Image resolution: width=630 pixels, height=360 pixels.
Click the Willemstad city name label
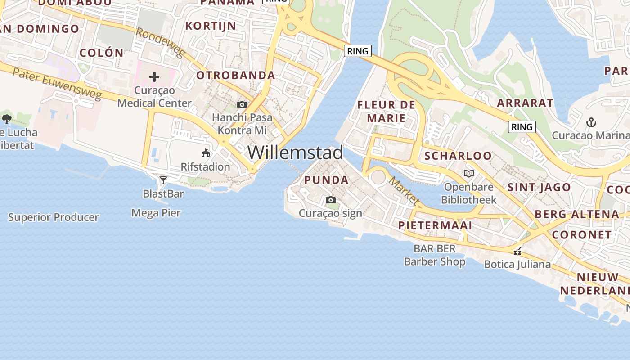tap(295, 153)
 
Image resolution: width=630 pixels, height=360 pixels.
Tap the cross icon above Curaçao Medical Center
tap(154, 77)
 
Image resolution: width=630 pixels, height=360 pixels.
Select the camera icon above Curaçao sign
tap(331, 200)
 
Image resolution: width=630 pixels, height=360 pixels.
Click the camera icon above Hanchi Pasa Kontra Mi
tap(242, 105)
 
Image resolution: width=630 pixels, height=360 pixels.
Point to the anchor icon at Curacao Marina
tap(591, 122)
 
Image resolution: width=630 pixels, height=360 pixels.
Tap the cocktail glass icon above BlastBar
tap(163, 180)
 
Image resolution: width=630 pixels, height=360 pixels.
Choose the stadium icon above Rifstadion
tap(206, 153)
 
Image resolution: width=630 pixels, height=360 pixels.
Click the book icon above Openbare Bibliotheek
tap(469, 173)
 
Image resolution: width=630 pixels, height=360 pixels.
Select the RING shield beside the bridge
tap(358, 51)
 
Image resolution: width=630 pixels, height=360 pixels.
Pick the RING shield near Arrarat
tap(522, 127)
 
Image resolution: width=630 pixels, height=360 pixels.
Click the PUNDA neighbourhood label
tap(326, 180)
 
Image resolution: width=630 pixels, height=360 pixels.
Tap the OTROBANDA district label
tap(235, 75)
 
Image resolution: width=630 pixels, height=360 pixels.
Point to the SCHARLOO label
tap(458, 156)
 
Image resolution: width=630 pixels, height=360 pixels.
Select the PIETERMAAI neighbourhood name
tap(435, 225)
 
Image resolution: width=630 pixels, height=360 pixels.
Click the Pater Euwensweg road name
tap(56, 84)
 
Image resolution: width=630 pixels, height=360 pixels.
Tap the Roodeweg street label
tap(160, 43)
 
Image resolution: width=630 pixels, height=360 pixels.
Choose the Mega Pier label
tap(156, 213)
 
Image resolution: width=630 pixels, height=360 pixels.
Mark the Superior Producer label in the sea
tap(54, 217)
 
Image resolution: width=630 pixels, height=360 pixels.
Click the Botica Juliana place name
tap(517, 264)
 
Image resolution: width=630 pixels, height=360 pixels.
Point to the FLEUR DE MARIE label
tap(386, 112)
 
